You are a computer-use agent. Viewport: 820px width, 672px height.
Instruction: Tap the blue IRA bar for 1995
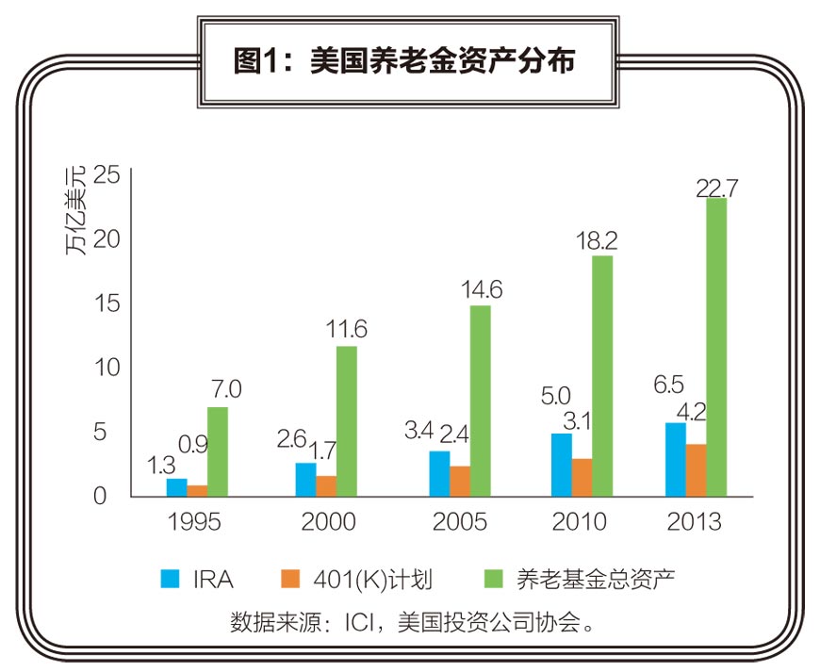click(177, 486)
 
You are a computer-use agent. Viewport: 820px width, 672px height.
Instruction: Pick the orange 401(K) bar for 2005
click(460, 480)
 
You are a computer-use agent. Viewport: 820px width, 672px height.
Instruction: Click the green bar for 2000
click(347, 420)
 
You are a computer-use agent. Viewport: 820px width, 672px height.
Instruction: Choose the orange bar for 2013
click(696, 469)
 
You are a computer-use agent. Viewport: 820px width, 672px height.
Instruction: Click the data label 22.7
click(716, 187)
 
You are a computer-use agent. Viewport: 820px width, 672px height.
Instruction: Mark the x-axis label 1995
click(195, 521)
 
